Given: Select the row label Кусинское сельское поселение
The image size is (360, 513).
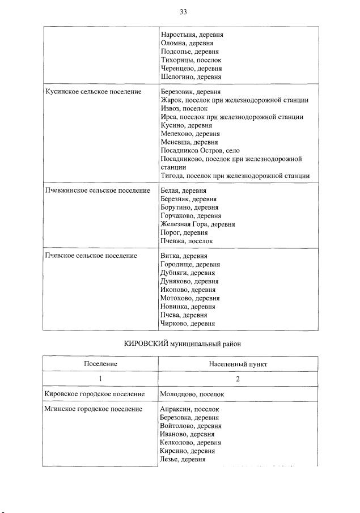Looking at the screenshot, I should click(x=93, y=92).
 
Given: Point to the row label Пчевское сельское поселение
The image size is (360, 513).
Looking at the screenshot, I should click(x=91, y=256).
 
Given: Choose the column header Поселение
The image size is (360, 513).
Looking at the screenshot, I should click(x=100, y=363).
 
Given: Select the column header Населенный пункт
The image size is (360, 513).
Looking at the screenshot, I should click(x=238, y=363).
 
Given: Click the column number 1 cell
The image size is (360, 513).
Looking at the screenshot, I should click(x=100, y=379).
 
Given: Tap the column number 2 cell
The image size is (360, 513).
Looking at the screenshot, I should click(x=238, y=379).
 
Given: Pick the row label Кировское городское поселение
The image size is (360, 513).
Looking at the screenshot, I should click(x=94, y=393).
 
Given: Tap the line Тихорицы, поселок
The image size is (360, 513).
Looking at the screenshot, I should click(x=191, y=60).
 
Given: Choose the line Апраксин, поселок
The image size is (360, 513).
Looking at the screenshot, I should click(x=190, y=409).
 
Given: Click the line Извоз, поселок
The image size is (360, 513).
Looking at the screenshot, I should click(x=184, y=108).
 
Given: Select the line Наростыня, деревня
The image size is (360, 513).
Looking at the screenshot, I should click(x=192, y=35).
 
